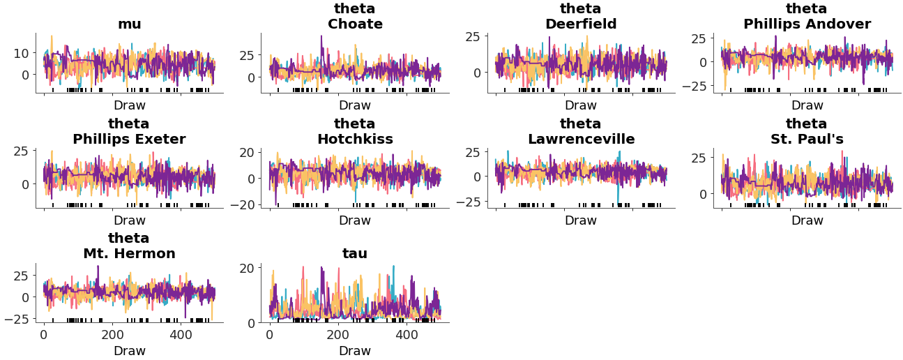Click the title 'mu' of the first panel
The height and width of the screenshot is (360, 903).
(x=129, y=24)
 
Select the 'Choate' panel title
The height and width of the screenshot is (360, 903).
(x=355, y=24)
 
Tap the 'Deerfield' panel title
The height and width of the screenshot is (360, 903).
(x=580, y=24)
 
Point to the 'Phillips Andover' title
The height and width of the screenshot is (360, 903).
(x=807, y=24)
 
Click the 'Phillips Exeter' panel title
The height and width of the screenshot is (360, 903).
(x=129, y=140)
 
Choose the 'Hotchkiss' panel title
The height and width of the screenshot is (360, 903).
(x=355, y=140)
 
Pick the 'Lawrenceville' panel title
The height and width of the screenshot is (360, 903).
(x=580, y=140)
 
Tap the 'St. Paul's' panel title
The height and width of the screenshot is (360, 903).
(x=807, y=140)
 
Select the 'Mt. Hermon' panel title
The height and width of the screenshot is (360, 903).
(x=129, y=254)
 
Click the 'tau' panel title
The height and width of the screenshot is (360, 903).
(x=355, y=254)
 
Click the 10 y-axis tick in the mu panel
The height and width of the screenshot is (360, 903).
(x=21, y=53)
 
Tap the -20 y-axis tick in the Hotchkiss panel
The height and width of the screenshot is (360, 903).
(x=244, y=204)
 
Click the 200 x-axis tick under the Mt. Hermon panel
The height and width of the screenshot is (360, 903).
(x=112, y=335)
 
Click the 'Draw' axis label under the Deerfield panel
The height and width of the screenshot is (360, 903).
(x=580, y=105)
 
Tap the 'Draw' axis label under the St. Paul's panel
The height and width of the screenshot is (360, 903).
(x=807, y=220)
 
